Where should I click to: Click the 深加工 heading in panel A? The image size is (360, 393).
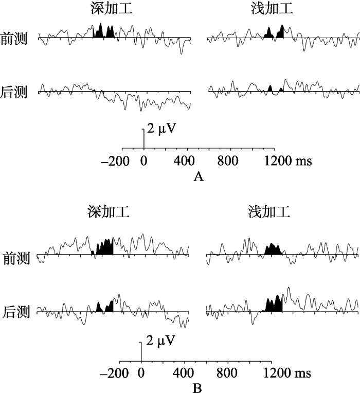(107, 8)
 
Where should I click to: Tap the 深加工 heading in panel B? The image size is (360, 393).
(107, 211)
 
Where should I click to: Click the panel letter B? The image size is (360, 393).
(196, 387)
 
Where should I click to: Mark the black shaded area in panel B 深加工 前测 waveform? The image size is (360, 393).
(105, 247)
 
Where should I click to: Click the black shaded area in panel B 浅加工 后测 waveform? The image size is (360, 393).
(275, 305)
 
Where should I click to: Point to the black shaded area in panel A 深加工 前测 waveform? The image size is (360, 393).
(101, 32)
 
